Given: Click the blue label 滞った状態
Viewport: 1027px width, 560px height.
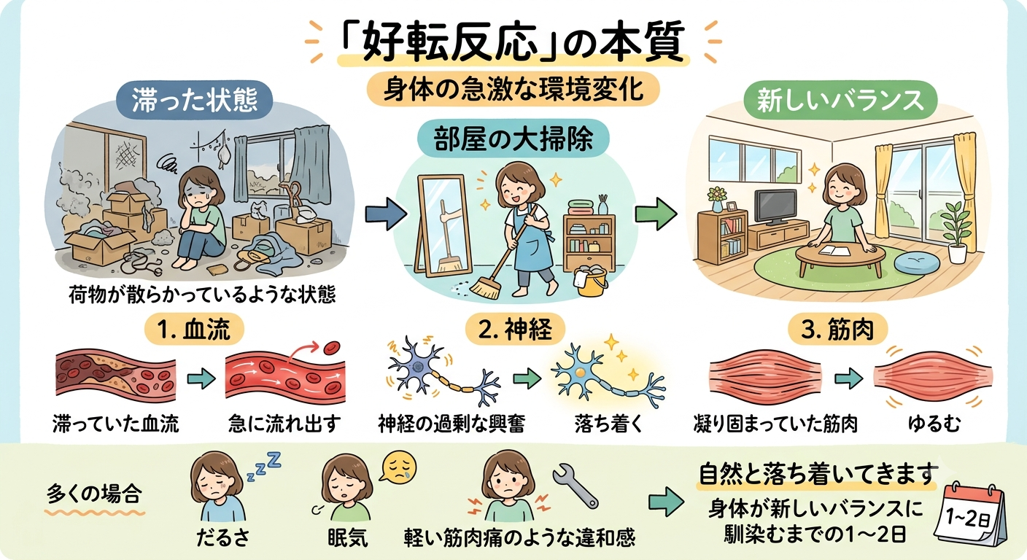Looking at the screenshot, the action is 195,100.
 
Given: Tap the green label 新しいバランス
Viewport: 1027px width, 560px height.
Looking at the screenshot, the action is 840,100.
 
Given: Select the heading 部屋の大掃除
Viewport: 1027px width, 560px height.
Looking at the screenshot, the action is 513,139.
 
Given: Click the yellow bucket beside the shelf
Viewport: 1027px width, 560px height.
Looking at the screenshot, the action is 591,279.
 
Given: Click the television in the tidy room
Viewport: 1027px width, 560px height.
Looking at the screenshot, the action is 775,207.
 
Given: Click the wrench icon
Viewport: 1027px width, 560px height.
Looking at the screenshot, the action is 575,486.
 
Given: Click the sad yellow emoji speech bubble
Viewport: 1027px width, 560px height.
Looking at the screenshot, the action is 398,467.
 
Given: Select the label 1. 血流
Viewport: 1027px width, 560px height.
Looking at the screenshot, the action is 194,330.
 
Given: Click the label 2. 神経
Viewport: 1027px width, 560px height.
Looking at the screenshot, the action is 515,330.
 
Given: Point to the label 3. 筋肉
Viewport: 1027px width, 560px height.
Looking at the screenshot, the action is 837,330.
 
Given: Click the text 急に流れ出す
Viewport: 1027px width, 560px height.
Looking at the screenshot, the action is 284,424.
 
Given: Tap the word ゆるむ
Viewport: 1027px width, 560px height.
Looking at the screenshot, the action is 934,424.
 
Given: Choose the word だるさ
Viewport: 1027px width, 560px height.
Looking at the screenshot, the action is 222,537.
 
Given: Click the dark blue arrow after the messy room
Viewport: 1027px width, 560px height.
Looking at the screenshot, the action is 386,214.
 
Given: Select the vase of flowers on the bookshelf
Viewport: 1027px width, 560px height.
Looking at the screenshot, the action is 718,198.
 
